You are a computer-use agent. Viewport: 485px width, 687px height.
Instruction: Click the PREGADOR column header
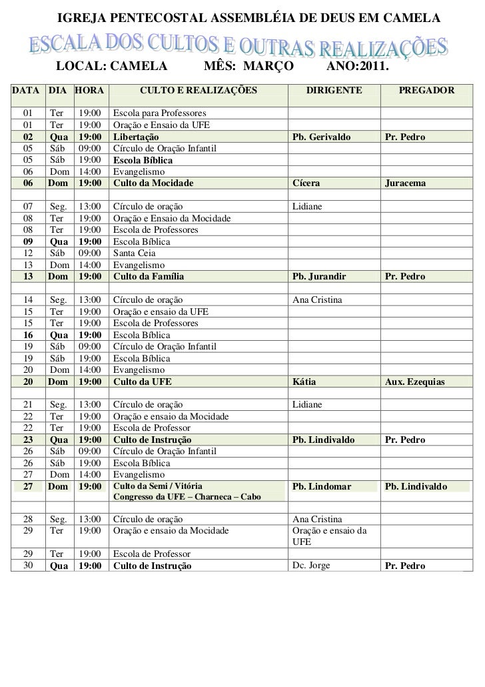click(x=426, y=89)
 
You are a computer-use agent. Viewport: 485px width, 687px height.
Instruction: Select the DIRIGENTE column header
click(x=334, y=89)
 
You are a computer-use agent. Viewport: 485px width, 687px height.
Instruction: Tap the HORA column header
click(x=89, y=89)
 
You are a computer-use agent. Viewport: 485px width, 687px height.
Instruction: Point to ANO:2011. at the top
click(x=358, y=67)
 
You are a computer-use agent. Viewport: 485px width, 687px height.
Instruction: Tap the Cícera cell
click(x=306, y=183)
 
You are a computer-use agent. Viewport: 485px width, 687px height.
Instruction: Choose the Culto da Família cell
click(x=149, y=276)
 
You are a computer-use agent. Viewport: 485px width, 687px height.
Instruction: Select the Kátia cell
click(x=304, y=382)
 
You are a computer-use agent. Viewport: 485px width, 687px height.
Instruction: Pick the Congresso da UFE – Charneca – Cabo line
click(x=188, y=498)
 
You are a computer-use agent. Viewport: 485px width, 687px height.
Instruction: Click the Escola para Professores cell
click(x=161, y=113)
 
